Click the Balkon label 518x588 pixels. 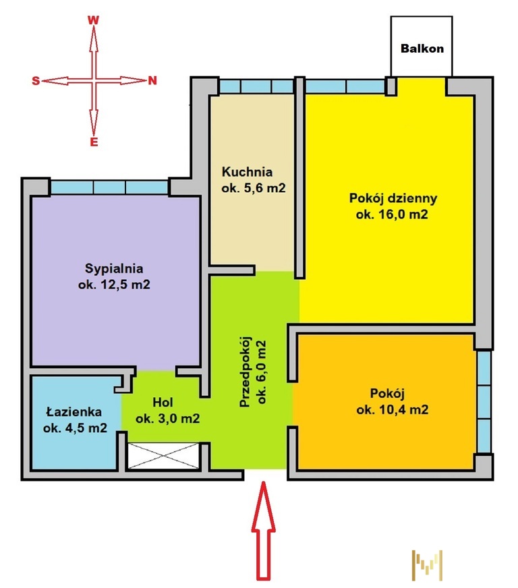422,49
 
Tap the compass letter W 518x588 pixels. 93,20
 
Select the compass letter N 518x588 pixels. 152,81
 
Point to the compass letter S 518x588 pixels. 36,81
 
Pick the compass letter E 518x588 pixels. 94,142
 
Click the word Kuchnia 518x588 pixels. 247,172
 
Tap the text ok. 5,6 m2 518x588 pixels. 254,188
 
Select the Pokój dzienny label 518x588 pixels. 393,198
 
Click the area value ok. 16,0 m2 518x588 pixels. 392,214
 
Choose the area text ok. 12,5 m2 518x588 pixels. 114,285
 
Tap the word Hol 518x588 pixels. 163,403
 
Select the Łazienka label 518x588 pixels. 74,412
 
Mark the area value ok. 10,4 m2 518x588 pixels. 393,409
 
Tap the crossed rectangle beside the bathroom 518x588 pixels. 163,456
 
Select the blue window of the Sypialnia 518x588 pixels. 109,187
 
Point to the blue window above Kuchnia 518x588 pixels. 256,86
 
